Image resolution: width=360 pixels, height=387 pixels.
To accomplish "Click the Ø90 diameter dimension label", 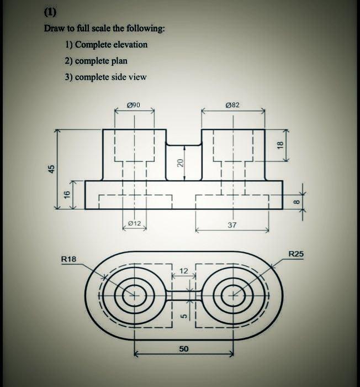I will click(x=133, y=104).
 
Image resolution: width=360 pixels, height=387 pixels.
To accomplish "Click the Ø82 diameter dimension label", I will click(x=232, y=104).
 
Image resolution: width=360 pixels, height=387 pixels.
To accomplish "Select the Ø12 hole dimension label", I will click(x=134, y=223).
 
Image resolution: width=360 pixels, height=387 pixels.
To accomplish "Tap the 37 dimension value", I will click(x=232, y=225).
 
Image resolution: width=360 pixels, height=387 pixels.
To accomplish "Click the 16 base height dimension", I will click(x=67, y=194).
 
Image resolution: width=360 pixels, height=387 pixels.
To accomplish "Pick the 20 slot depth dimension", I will click(x=179, y=163).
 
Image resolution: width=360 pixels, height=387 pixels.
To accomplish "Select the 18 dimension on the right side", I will click(x=280, y=145).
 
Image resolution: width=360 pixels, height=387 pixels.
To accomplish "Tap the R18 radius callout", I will click(x=69, y=259).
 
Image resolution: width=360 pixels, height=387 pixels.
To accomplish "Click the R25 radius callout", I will click(x=295, y=254).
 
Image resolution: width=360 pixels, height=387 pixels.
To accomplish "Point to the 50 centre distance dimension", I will click(x=183, y=349).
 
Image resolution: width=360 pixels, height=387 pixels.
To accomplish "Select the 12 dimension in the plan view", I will click(x=184, y=270).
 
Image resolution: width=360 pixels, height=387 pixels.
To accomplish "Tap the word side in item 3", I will click(x=120, y=77).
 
